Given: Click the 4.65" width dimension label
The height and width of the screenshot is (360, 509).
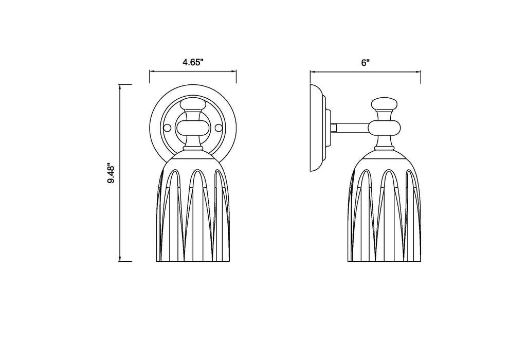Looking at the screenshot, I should (x=193, y=62).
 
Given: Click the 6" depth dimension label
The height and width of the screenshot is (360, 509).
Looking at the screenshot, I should (x=366, y=62).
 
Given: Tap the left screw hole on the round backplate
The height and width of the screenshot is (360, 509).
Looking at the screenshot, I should (x=166, y=127).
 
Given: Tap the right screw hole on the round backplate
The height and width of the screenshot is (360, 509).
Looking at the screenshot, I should (x=220, y=127).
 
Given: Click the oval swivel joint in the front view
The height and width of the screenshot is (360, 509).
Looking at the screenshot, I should (x=193, y=127).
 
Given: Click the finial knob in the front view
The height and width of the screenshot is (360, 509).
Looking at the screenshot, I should (x=193, y=104).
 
